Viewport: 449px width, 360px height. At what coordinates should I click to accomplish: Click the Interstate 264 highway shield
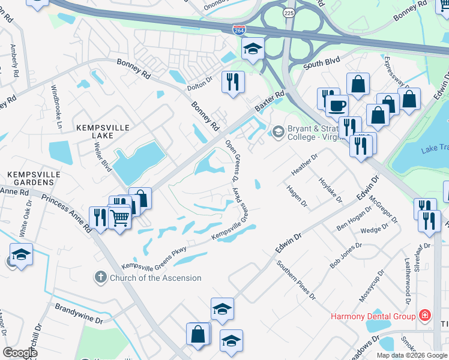coord(238,29)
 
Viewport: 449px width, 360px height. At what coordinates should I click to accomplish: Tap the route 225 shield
coord(288,11)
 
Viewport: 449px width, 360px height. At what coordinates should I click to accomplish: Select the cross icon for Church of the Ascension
coord(100,278)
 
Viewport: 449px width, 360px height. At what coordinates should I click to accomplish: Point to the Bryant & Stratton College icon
coord(278,131)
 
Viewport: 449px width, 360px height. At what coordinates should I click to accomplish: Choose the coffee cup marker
coord(337,106)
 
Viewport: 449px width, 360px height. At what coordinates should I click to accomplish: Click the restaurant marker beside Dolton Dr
coord(232,82)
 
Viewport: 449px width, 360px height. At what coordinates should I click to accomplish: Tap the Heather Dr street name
coord(304,163)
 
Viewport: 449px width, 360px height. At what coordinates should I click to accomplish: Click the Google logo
coord(20,353)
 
